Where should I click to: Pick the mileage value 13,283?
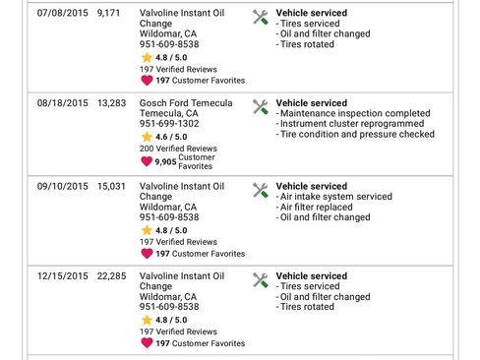coord(112,103)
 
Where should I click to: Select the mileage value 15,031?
coord(112,185)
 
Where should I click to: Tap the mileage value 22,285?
coord(112,276)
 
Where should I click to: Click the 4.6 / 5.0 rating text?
coord(171,137)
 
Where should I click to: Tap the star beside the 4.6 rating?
coord(147,137)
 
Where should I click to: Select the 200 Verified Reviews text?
coord(178,148)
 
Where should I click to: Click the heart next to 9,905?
coord(147,161)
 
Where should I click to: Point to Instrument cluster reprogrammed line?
coord(351,125)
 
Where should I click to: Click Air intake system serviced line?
coord(336,196)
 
